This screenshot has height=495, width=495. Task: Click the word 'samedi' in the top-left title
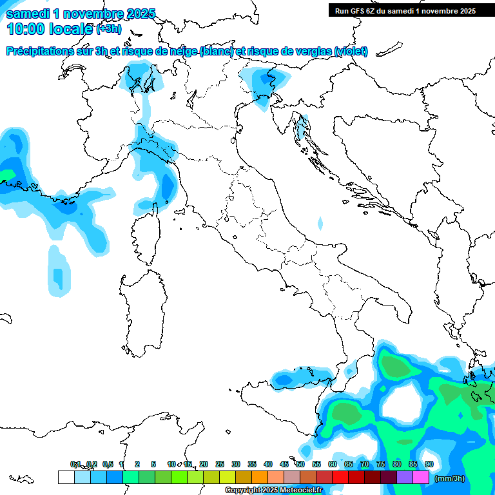pos(29,14)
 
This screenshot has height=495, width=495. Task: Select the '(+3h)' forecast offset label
pos(108,28)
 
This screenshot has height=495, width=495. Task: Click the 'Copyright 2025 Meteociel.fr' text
pos(273,490)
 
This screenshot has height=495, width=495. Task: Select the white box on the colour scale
pos(66,478)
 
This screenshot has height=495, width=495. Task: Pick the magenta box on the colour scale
pos(421,478)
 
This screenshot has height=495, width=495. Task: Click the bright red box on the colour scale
pos(340,478)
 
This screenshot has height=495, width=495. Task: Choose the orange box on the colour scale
pos(260,478)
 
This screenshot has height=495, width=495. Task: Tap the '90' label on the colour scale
pos(429,464)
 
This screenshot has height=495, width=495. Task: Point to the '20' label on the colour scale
pos(204,464)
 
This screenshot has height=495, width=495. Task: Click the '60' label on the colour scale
pos(333,464)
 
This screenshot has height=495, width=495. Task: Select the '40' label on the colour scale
pos(268,464)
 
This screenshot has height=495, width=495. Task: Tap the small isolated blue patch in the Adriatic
pos(320,224)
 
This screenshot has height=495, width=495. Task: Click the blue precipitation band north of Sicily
pos(300,377)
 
